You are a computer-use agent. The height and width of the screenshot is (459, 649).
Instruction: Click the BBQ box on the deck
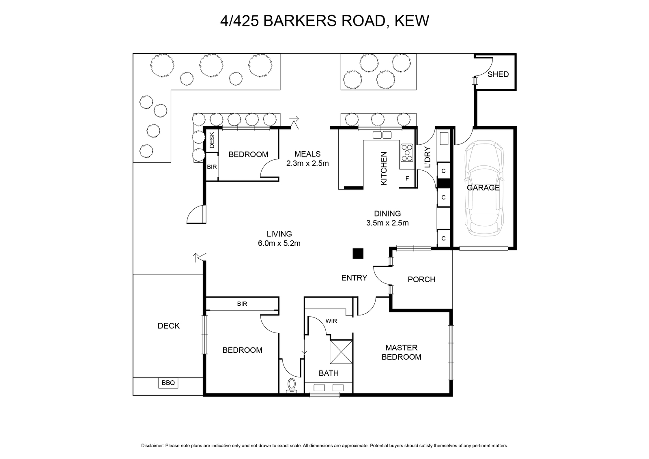coord(168,383)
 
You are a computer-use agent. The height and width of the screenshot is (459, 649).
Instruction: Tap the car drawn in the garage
coord(484,189)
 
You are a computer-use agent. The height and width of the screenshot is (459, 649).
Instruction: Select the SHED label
coord(498,75)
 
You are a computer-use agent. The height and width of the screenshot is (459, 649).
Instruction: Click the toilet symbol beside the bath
coord(292,386)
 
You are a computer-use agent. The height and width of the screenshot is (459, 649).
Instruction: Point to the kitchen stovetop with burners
coord(407,152)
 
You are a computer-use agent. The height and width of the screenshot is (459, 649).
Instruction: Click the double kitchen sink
coord(382,135)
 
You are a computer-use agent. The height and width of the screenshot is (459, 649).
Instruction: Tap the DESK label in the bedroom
coord(212,140)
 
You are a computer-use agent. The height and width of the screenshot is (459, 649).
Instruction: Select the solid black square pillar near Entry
coord(358,253)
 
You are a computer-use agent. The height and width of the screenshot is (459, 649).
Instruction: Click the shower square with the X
coord(341,352)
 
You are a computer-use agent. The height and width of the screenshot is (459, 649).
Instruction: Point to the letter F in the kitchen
coord(407,179)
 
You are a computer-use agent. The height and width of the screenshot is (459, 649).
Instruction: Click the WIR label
coord(331,321)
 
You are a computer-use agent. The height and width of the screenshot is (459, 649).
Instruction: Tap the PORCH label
coord(421,279)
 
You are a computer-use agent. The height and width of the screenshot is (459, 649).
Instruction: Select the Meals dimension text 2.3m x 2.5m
coord(307,164)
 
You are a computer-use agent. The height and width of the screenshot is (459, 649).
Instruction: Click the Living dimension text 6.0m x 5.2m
coord(279,244)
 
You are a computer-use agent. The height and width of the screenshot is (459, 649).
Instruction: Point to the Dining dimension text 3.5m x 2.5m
coord(387,223)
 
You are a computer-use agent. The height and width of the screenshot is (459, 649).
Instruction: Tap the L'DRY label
coord(428,158)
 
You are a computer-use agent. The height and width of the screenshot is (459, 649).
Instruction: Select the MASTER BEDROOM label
coord(401,352)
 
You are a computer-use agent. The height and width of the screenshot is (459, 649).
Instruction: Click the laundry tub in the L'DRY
coord(444,138)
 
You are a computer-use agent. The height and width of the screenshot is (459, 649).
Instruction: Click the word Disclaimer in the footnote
coord(153,446)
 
